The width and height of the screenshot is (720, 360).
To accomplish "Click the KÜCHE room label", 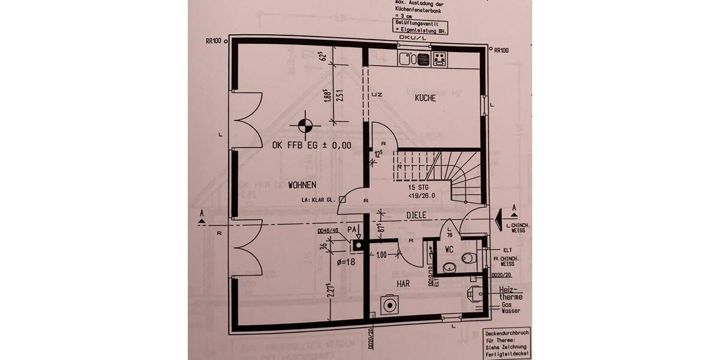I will pos(425,98).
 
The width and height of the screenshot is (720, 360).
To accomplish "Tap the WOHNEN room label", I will pos(302,184).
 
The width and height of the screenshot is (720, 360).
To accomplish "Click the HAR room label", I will pos(403,283).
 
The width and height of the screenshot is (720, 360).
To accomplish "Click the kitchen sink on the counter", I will pos(407,59).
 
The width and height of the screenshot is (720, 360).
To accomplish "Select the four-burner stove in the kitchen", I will pos(440,59).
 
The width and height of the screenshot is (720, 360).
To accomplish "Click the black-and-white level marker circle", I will pos(305,125).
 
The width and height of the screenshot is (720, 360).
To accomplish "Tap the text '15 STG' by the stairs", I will pos(419,187).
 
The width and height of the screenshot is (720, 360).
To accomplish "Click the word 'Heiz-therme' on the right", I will pos(510,293).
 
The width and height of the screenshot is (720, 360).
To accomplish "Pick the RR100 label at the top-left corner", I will pos(213,41).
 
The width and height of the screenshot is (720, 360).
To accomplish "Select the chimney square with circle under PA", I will pos(358,245).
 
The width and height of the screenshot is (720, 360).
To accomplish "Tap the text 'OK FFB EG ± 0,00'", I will pos(311,145).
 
